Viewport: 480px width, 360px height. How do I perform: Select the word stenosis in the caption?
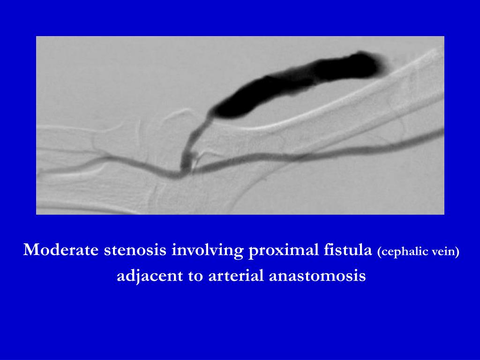[x=135, y=250]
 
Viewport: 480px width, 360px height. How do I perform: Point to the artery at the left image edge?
[x=42, y=175]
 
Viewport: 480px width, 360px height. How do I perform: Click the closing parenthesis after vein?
[x=457, y=252]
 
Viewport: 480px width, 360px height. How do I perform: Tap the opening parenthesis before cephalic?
[x=379, y=252]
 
